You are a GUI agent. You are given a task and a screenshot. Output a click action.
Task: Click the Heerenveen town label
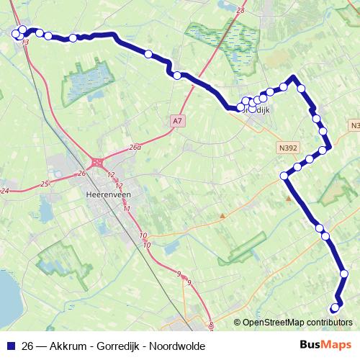106,194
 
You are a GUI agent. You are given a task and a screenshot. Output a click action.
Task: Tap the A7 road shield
177,121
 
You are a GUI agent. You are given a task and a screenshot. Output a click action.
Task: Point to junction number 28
240,11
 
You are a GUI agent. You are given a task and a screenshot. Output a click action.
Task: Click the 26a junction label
135,147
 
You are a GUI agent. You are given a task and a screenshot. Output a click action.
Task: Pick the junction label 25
45,184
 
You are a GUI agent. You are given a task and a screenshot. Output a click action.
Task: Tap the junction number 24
5,191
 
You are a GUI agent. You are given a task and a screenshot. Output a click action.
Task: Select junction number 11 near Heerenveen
127,209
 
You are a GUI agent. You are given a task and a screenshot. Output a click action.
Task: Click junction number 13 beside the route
26,44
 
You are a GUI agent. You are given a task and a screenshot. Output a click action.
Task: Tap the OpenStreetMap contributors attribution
297,322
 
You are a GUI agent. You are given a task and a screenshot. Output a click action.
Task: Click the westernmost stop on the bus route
15,33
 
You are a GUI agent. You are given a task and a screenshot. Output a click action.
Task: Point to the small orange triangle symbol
223,215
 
